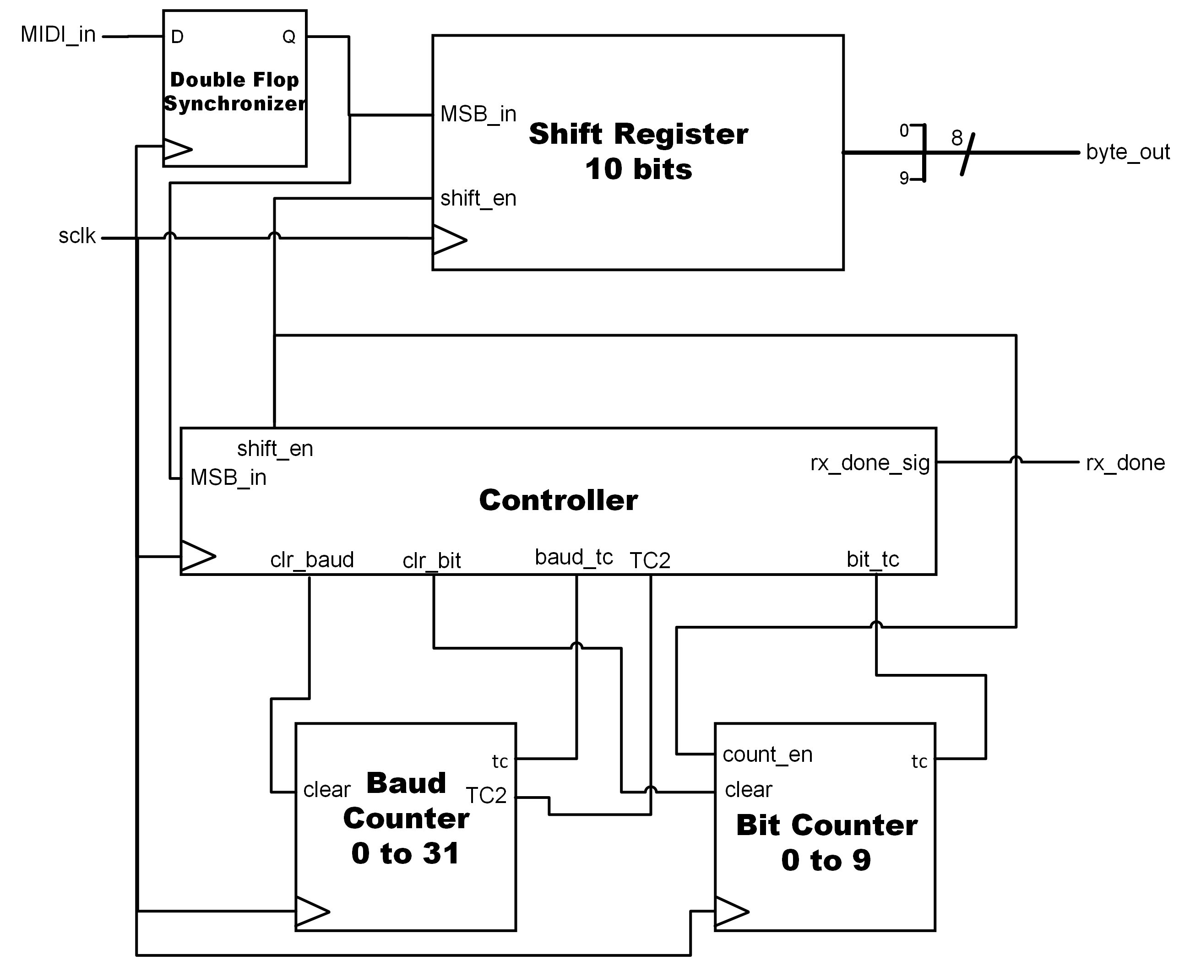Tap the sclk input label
point(77,236)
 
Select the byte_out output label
point(1127,152)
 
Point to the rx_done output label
point(1125,462)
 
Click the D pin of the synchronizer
point(177,37)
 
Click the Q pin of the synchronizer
point(289,37)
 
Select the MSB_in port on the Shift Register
point(478,114)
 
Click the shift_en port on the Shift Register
point(478,198)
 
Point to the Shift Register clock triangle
point(449,240)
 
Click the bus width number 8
point(956,138)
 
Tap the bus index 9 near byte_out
point(904,178)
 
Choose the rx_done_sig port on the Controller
point(869,463)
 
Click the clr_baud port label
point(312,560)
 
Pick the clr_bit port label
point(431,561)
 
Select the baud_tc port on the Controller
point(573,557)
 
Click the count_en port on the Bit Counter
point(767,754)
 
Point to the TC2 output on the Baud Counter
point(486,796)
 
